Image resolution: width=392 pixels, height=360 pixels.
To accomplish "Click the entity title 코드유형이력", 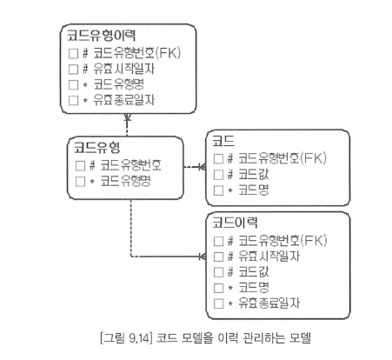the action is click(101, 36).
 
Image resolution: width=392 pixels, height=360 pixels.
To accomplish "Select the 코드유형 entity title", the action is click(96, 147).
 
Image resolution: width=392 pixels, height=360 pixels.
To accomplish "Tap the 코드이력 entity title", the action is click(235, 223).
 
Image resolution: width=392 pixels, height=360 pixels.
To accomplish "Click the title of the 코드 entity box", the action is click(223, 141).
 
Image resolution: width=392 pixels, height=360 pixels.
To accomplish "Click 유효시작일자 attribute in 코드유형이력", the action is click(124, 69).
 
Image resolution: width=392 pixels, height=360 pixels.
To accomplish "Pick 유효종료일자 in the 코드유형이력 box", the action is click(124, 100).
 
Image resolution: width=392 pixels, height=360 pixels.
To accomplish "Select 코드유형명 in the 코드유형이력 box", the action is click(119, 84).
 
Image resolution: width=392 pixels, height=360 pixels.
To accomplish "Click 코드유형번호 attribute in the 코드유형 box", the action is click(130, 165).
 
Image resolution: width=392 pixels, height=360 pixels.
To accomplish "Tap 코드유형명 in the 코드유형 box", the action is click(125, 182).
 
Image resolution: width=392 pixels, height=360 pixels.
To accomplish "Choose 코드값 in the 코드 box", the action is click(254, 175).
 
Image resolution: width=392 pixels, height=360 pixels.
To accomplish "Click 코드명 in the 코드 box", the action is click(254, 190).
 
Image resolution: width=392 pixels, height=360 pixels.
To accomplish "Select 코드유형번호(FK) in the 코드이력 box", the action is click(282, 241).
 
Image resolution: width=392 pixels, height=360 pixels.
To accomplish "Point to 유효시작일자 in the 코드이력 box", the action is click(269, 257).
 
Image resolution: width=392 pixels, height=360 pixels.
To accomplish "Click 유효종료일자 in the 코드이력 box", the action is click(269, 303).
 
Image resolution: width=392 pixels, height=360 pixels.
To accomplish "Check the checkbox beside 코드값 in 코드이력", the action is click(218, 272).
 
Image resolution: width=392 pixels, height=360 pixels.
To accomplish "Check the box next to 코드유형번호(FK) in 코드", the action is click(218, 159).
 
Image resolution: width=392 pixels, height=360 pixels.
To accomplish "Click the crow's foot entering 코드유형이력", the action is click(127, 117).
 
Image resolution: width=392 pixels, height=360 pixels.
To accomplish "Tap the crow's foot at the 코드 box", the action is click(203, 167).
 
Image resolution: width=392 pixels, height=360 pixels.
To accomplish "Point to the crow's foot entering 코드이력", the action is click(203, 257).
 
